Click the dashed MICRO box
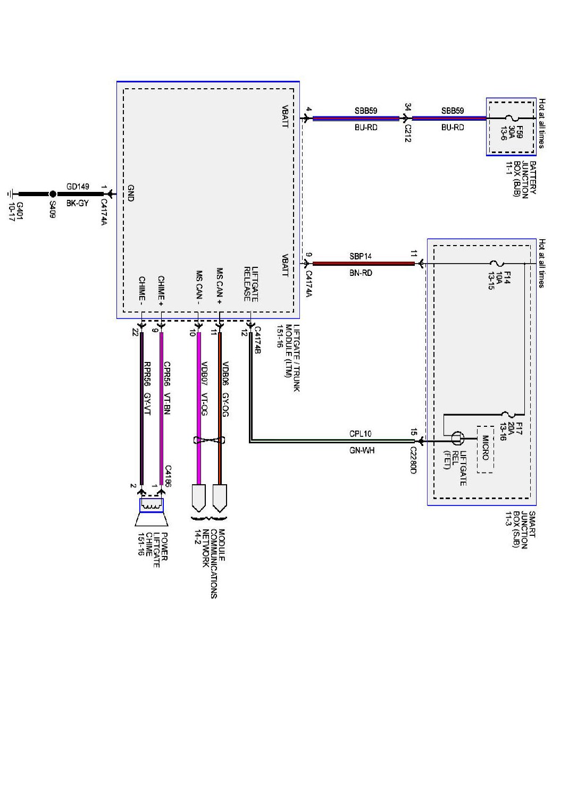tap(485, 449)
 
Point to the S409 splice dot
tap(52, 195)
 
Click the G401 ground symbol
tap(12, 195)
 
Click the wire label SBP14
tap(361, 256)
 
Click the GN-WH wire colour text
tap(362, 450)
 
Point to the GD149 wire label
tap(78, 187)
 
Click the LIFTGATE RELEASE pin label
tap(251, 284)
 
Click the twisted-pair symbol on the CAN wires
tap(210, 440)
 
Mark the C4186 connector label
tap(168, 476)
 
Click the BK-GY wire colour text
tap(78, 203)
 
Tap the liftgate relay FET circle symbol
tap(457, 439)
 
